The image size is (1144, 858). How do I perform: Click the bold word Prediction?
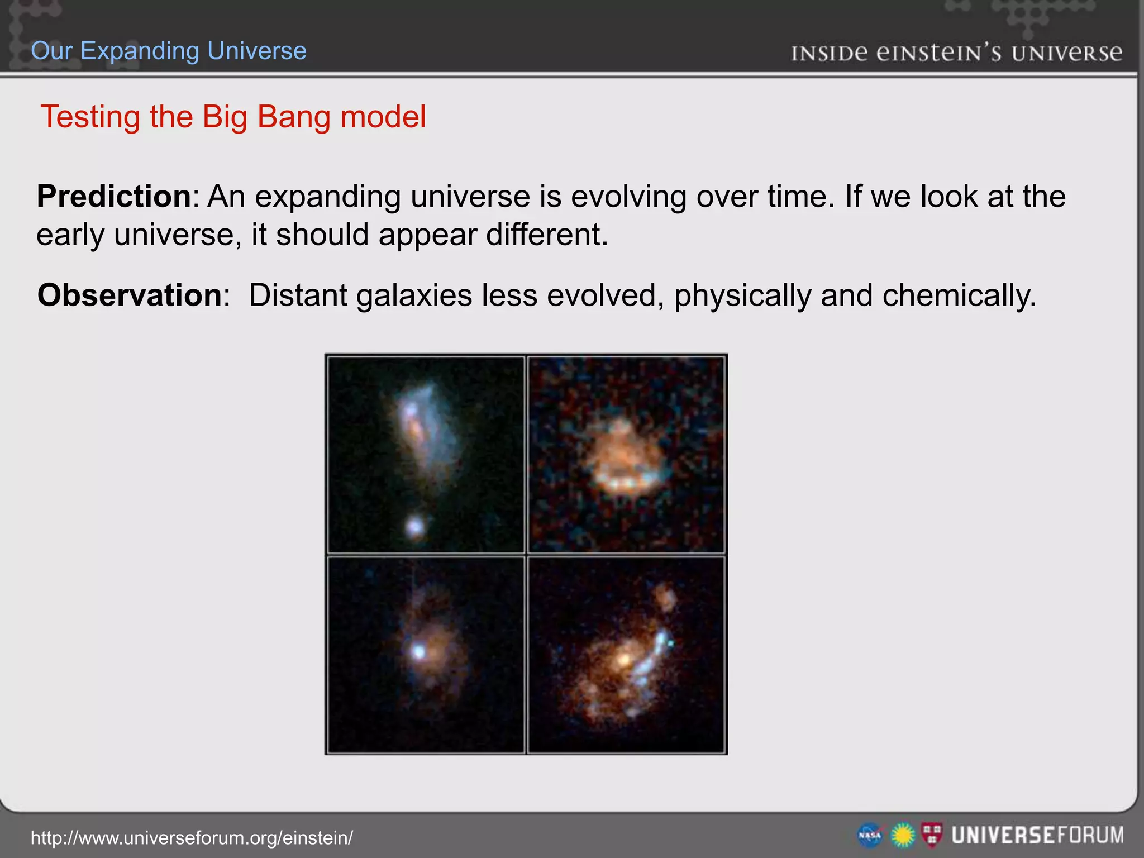pos(114,197)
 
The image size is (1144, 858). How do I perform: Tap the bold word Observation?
pos(130,295)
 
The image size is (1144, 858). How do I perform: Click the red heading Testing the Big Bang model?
pos(233,117)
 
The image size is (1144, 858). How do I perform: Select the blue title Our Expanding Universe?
pos(169,51)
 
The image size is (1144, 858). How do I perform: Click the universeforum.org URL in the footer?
pos(192,838)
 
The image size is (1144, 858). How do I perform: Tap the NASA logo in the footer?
pos(870,836)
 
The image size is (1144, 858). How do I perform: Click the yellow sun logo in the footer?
pos(902,836)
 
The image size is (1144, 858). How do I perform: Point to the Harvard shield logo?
pos(932,835)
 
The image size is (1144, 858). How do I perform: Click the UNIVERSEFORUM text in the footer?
pos(1037,836)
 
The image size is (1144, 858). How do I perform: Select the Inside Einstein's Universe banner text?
pos(956,53)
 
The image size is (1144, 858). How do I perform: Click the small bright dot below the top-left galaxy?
pos(415,526)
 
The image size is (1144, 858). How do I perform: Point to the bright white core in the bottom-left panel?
pos(418,651)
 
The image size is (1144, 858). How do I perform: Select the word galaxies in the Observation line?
pos(414,295)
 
